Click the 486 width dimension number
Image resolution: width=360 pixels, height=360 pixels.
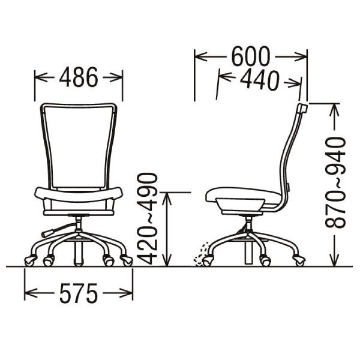pos(79,77)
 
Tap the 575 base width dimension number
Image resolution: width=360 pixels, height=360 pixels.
pos(79,293)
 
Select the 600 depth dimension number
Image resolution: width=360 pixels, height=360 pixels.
pos(250,56)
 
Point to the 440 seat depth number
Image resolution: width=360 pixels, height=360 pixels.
pos(259,80)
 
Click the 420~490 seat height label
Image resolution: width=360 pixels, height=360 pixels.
pos(147,218)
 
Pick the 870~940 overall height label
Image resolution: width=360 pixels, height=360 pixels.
pos(335,183)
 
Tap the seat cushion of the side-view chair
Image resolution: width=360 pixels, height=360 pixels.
pos(243,196)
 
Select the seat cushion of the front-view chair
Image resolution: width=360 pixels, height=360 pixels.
pos(79,194)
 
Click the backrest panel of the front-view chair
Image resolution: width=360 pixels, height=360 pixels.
pos(79,147)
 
